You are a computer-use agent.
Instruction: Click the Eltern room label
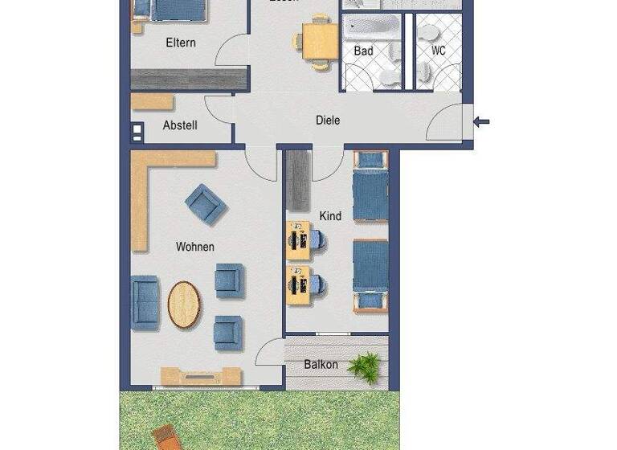point(180,43)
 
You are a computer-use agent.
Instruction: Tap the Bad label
point(363,51)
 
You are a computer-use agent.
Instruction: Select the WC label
point(438,51)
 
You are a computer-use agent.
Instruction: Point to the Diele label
point(328,121)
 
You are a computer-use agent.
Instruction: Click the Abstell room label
point(180,125)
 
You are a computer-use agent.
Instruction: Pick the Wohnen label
point(195,247)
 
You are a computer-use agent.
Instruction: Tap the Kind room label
point(330,216)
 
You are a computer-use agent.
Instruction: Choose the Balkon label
point(321,365)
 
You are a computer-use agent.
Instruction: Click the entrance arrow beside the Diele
point(482,122)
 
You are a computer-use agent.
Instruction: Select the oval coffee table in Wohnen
point(185,305)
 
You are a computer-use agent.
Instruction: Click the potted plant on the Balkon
point(369,366)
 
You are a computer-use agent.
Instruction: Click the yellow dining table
point(320,39)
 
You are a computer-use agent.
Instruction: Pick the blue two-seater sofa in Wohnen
point(145,302)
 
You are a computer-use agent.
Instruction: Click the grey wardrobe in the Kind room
point(298,181)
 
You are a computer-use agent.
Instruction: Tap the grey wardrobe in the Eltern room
point(189,79)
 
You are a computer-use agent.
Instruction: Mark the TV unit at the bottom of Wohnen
point(201,376)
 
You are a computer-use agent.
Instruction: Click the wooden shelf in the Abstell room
point(153,102)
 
